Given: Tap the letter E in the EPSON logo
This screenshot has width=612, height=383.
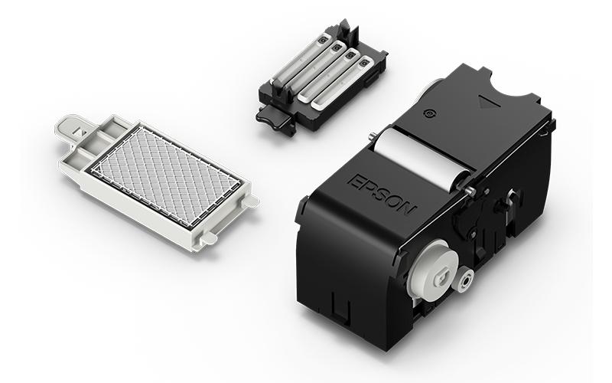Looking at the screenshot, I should click(x=354, y=182).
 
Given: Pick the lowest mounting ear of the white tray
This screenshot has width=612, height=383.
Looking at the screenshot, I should click(x=208, y=238).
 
